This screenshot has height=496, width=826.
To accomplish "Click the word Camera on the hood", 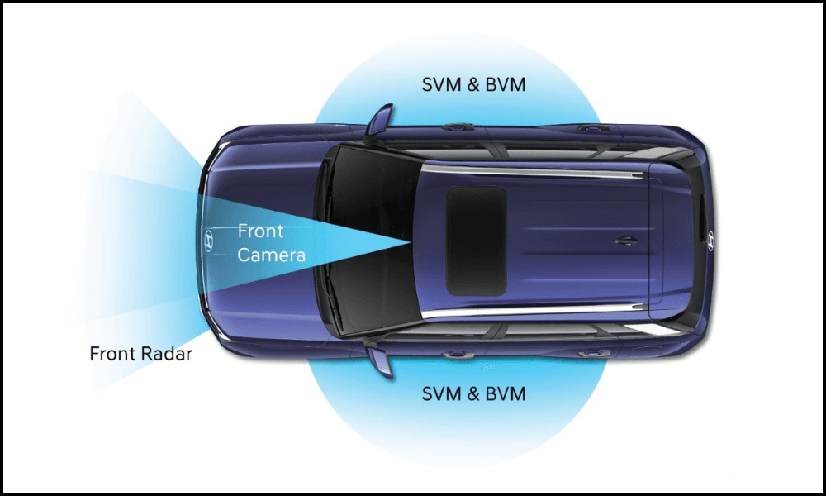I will point(272,255).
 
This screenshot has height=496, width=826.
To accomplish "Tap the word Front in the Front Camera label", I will point(259,231).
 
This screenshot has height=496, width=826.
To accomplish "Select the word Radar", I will point(167,355).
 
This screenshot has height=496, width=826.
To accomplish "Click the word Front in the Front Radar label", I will point(112,355).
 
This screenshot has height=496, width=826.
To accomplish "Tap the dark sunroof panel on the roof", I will point(476,241).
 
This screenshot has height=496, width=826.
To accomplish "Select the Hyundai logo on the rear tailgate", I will point(709,240).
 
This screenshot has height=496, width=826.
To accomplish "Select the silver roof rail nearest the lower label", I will point(537,311).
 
